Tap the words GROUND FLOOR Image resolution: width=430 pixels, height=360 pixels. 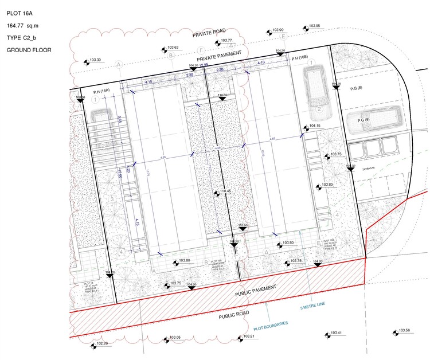click(29, 50)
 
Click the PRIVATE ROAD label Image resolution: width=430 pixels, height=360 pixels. click(210, 35)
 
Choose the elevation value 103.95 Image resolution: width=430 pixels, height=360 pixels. click(314, 26)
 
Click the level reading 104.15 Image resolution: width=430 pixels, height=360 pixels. click(315, 126)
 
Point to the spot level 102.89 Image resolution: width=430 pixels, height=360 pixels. click(102, 343)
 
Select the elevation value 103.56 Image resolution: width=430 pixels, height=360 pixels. click(405, 331)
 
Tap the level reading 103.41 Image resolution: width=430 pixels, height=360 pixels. click(336, 333)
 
